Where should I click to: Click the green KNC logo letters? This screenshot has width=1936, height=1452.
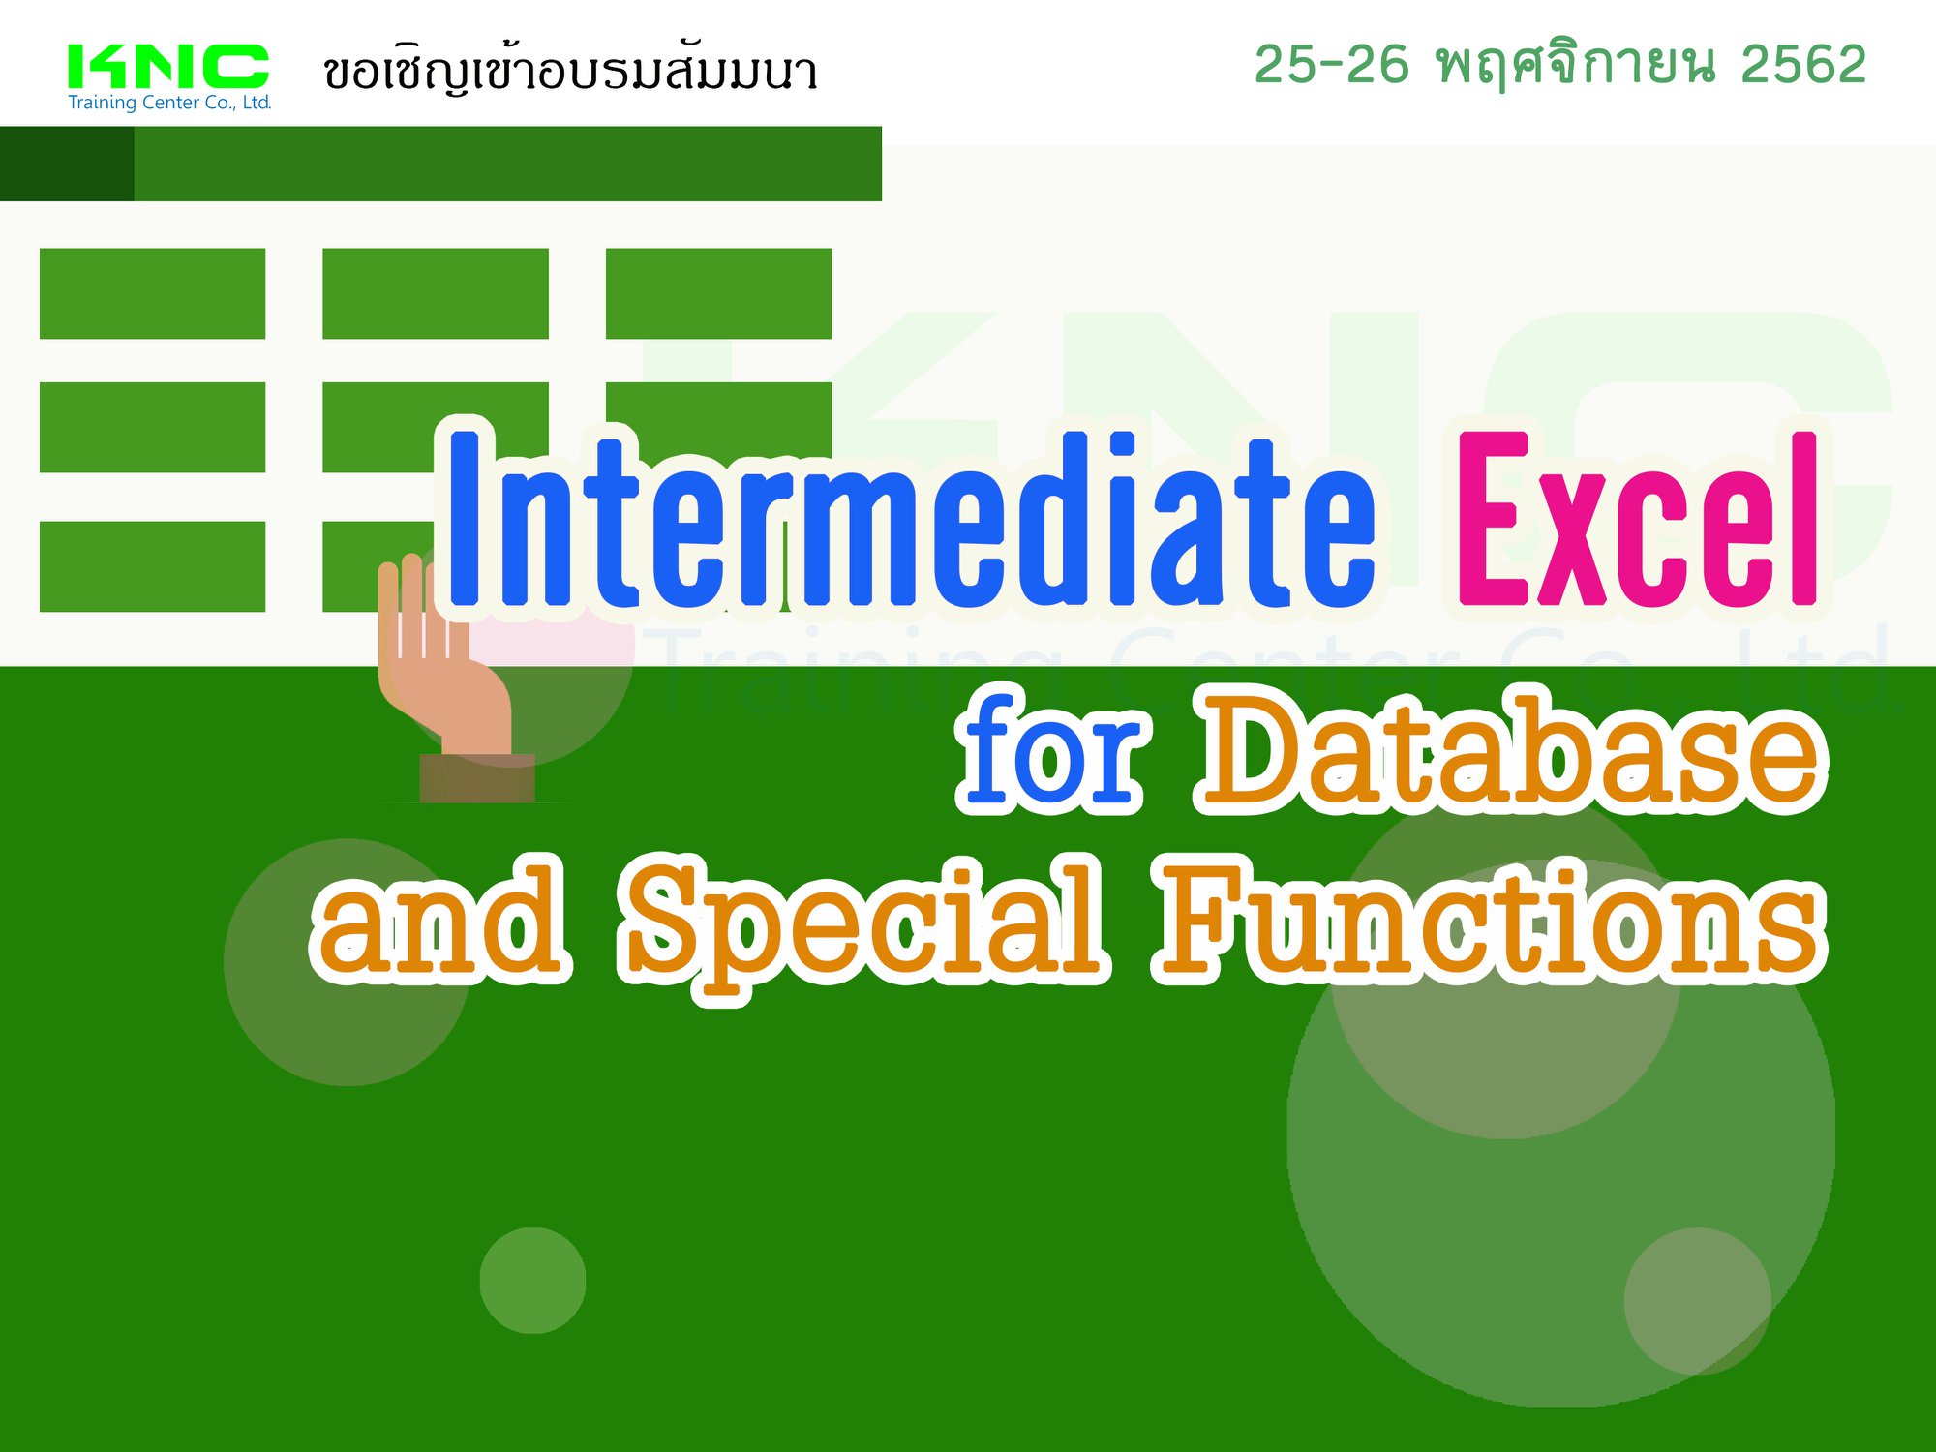coord(167,66)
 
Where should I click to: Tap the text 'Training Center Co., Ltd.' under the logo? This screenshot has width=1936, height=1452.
coord(169,103)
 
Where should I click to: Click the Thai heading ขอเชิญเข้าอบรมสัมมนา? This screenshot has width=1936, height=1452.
coord(570,70)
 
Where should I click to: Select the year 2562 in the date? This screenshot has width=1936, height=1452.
coord(1803,65)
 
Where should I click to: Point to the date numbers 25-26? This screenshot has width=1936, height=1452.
coord(1331,65)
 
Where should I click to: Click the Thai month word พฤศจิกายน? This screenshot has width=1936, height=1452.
coord(1576,66)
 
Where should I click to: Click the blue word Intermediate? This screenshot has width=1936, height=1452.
coord(910,518)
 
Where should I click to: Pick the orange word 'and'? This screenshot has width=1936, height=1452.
coord(439,918)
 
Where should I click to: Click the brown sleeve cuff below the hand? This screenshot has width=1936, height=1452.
coord(477,778)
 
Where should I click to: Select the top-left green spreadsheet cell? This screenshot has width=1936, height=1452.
coord(152,293)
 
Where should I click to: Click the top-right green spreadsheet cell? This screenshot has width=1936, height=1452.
coord(718,293)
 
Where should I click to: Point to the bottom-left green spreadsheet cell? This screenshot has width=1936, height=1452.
coord(152,566)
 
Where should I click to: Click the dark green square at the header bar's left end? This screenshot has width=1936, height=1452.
coord(67,164)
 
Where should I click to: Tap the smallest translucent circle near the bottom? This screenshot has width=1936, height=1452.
coord(532,1281)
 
